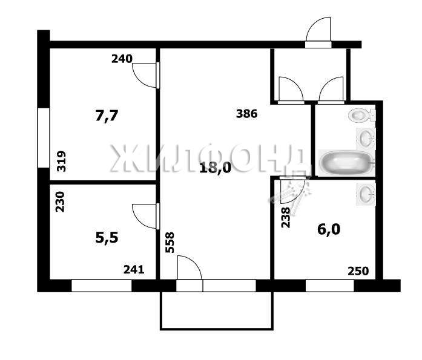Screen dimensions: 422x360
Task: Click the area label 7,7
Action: pyautogui.click(x=107, y=116)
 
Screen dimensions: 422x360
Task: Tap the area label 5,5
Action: pyautogui.click(x=107, y=238)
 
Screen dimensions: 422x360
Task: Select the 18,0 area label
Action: pyautogui.click(x=216, y=168)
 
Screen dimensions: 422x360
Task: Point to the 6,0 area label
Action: pyautogui.click(x=329, y=229)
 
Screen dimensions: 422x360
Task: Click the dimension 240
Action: pyautogui.click(x=122, y=59)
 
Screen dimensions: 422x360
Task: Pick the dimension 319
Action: pyautogui.click(x=61, y=162)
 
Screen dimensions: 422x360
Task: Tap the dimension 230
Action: pyautogui.click(x=61, y=201)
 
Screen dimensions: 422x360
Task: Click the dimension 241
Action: pyautogui.click(x=134, y=269)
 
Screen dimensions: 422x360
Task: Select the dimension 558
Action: pyautogui.click(x=170, y=243)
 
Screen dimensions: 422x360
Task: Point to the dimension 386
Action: pyautogui.click(x=247, y=114)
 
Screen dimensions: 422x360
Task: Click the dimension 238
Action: pyautogui.click(x=286, y=217)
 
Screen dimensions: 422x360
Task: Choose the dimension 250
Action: pyautogui.click(x=358, y=271)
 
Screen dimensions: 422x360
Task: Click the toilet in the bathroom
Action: pyautogui.click(x=361, y=116)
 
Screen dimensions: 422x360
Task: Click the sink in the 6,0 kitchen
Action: pyautogui.click(x=366, y=194)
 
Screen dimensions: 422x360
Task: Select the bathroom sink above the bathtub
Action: pyautogui.click(x=366, y=139)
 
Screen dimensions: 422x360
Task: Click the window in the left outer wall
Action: pyautogui.click(x=44, y=138)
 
